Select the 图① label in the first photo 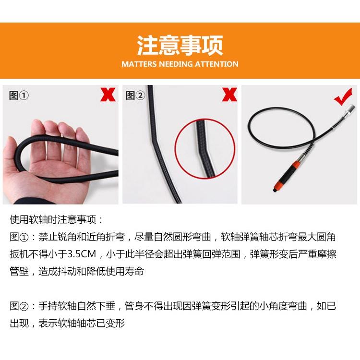click(19, 96)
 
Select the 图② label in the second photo click(135, 96)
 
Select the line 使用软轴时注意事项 click(56, 220)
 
